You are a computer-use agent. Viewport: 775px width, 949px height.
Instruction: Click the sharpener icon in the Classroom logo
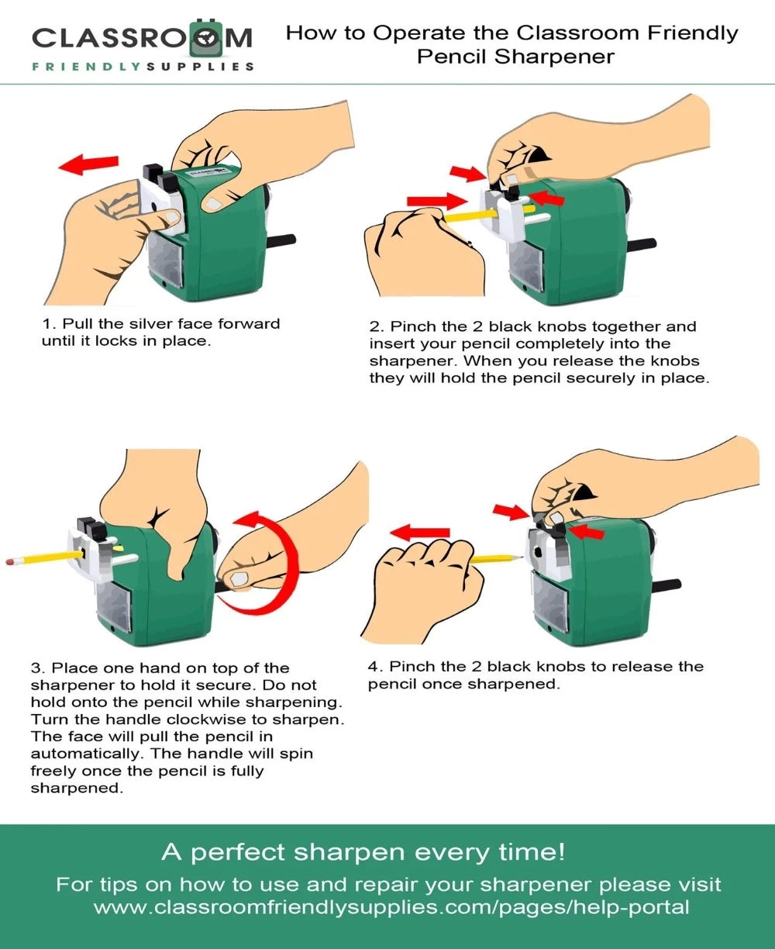[x=206, y=38]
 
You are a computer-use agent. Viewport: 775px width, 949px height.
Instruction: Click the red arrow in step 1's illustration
[x=88, y=164]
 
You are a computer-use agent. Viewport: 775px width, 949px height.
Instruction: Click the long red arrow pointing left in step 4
[x=419, y=533]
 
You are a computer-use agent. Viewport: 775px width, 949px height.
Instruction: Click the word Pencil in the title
[x=452, y=57]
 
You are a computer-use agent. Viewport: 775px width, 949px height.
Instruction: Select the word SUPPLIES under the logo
[x=201, y=67]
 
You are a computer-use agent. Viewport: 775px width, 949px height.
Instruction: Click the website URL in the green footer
[x=391, y=906]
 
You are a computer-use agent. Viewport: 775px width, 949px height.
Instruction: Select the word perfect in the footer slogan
[x=239, y=853]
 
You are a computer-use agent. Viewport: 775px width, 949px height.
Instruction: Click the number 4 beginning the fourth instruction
[x=374, y=667]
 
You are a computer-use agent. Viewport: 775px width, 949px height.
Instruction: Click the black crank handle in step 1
[x=281, y=240]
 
